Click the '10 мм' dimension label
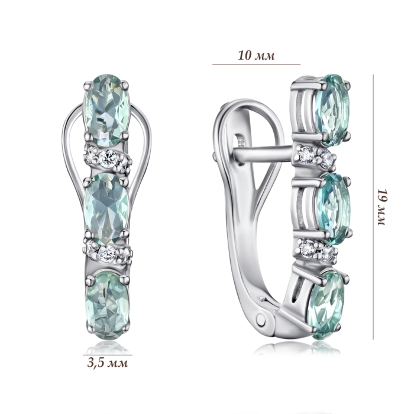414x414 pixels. pos(256,56)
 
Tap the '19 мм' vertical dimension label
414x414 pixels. pos(382,207)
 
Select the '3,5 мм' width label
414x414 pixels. pos(108,363)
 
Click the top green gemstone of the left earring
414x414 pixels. pos(106,110)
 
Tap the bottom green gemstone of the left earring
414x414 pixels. pos(108,306)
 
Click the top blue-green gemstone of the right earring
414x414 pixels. pos(332,110)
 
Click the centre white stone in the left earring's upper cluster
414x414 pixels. pos(108,158)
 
